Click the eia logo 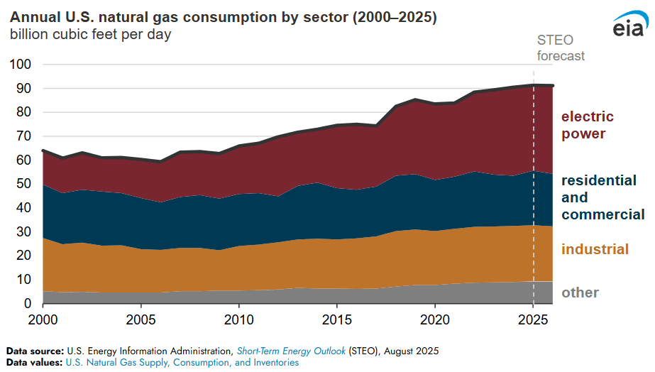pyautogui.click(x=628, y=26)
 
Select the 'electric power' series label pyautogui.click(x=588, y=125)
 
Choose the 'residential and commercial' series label pyautogui.click(x=602, y=197)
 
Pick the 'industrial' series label pyautogui.click(x=595, y=249)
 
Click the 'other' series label pyautogui.click(x=580, y=292)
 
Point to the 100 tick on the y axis pyautogui.click(x=21, y=65)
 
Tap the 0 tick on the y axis pyautogui.click(x=28, y=303)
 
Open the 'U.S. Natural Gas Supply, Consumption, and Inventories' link pyautogui.click(x=182, y=362)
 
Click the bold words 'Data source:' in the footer pyautogui.click(x=35, y=351)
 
